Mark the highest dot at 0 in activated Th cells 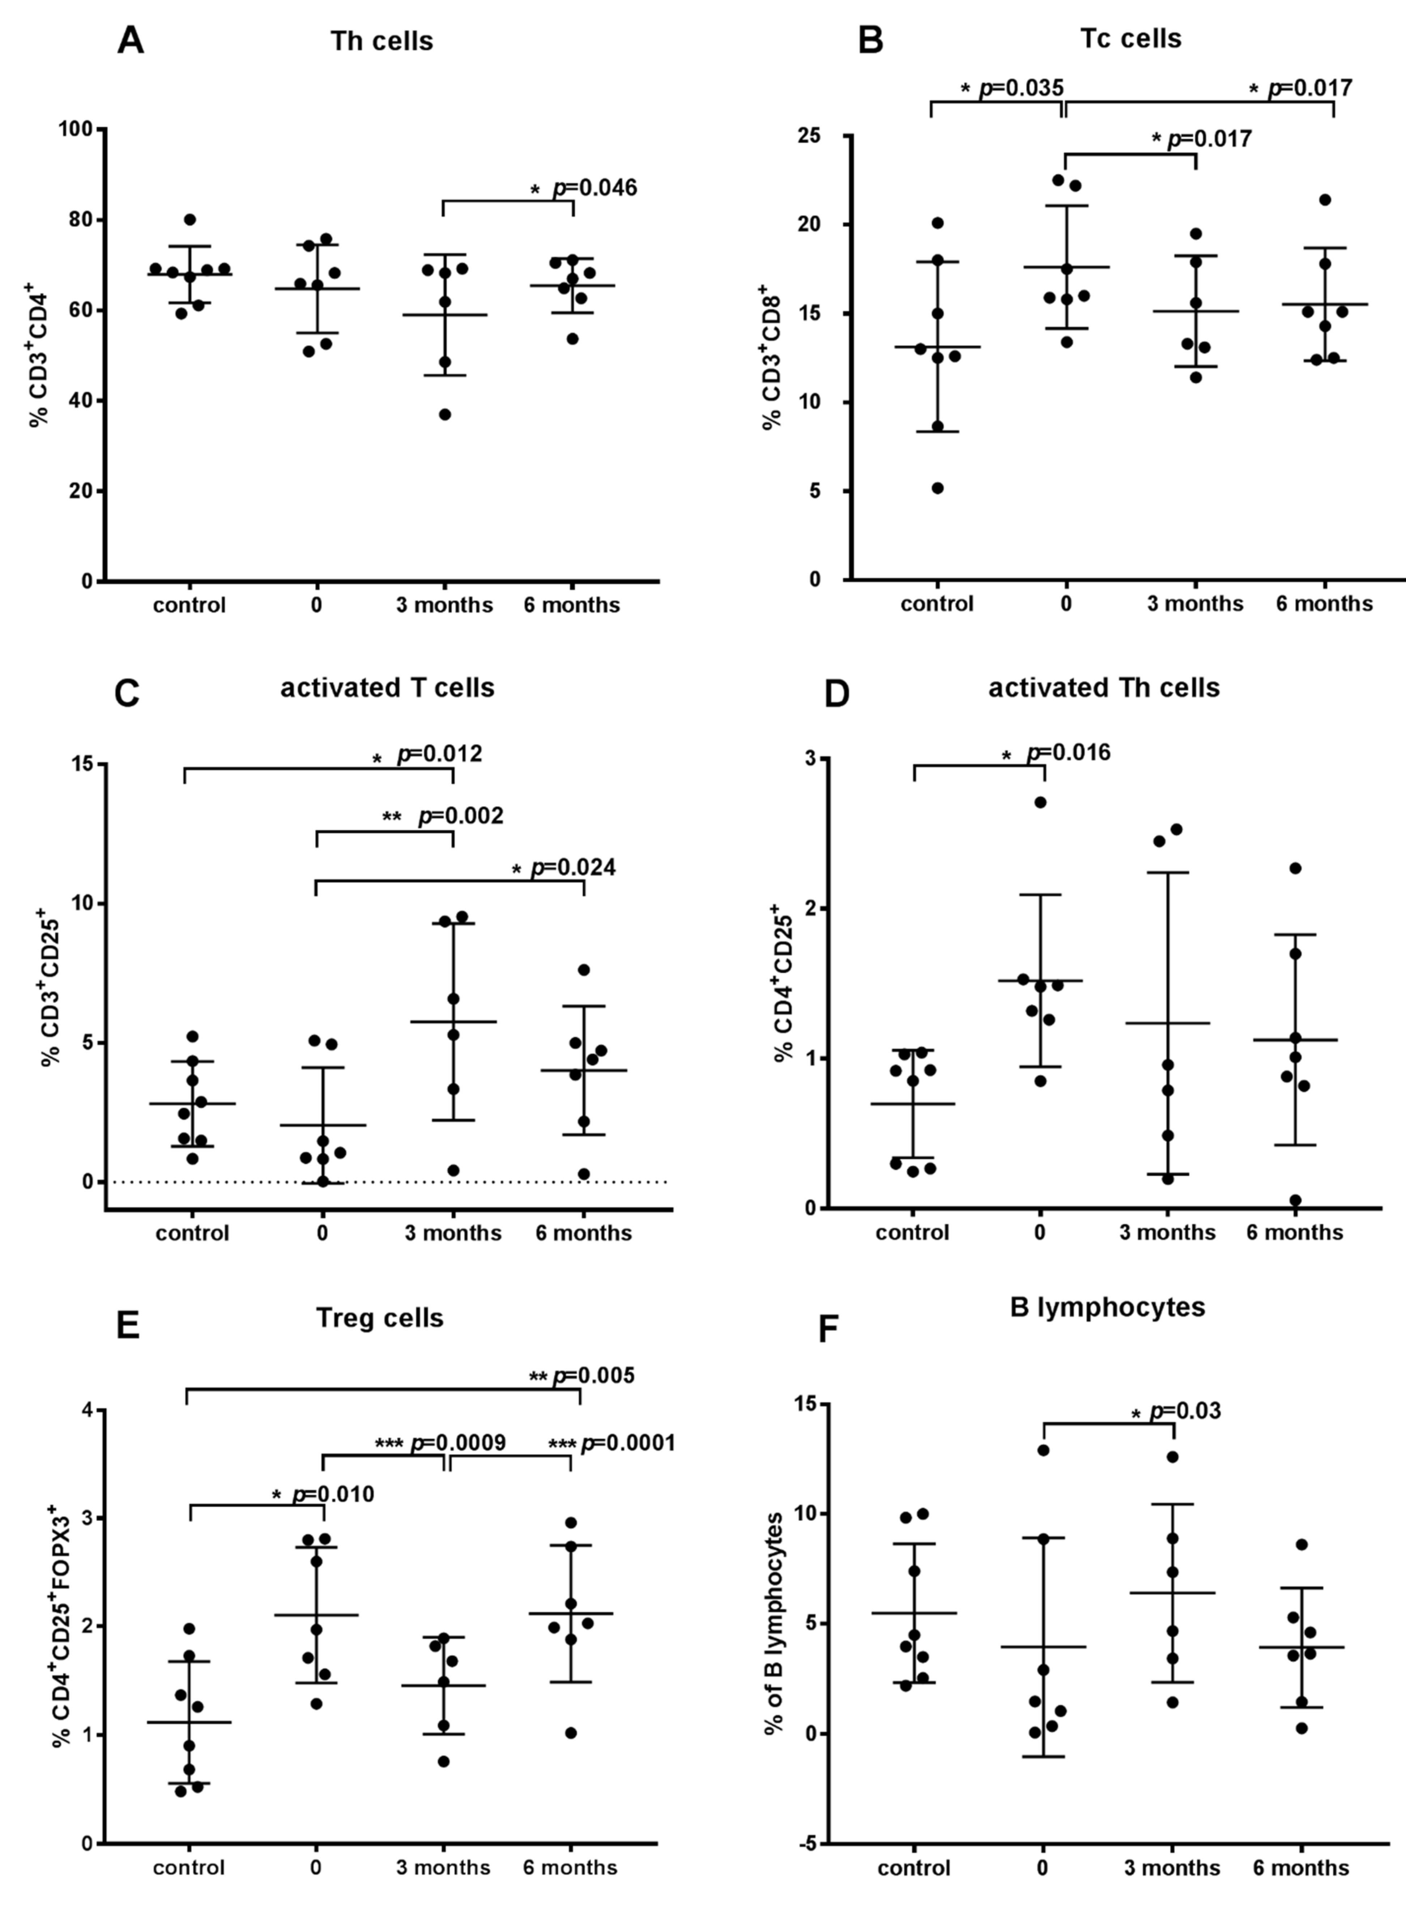[x=1040, y=802]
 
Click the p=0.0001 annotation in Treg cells [x=627, y=1443]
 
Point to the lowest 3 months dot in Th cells [x=444, y=414]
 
